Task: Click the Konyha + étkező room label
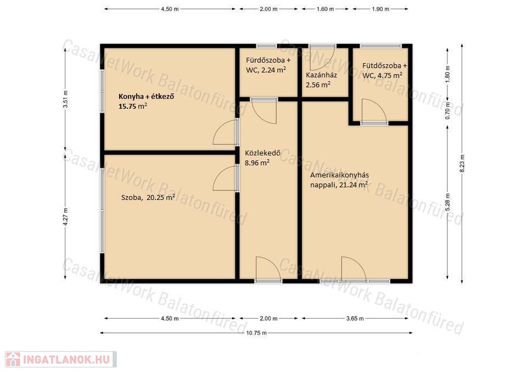tap(146, 101)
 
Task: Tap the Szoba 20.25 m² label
tap(148, 197)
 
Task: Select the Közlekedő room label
tap(262, 158)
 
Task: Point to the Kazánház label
tap(321, 80)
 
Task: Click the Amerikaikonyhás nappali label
tap(339, 180)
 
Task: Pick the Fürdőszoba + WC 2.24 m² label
tap(268, 65)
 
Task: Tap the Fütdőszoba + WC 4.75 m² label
tap(384, 71)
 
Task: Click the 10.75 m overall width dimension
tap(256, 333)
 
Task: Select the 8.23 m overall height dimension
tap(462, 164)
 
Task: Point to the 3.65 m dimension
tap(355, 318)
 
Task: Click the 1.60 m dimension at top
tap(325, 9)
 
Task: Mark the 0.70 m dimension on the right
tap(447, 110)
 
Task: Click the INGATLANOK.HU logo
tap(61, 359)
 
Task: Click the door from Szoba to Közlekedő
tap(226, 178)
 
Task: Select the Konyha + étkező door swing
tap(226, 132)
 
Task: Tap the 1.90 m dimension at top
tap(380, 9)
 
